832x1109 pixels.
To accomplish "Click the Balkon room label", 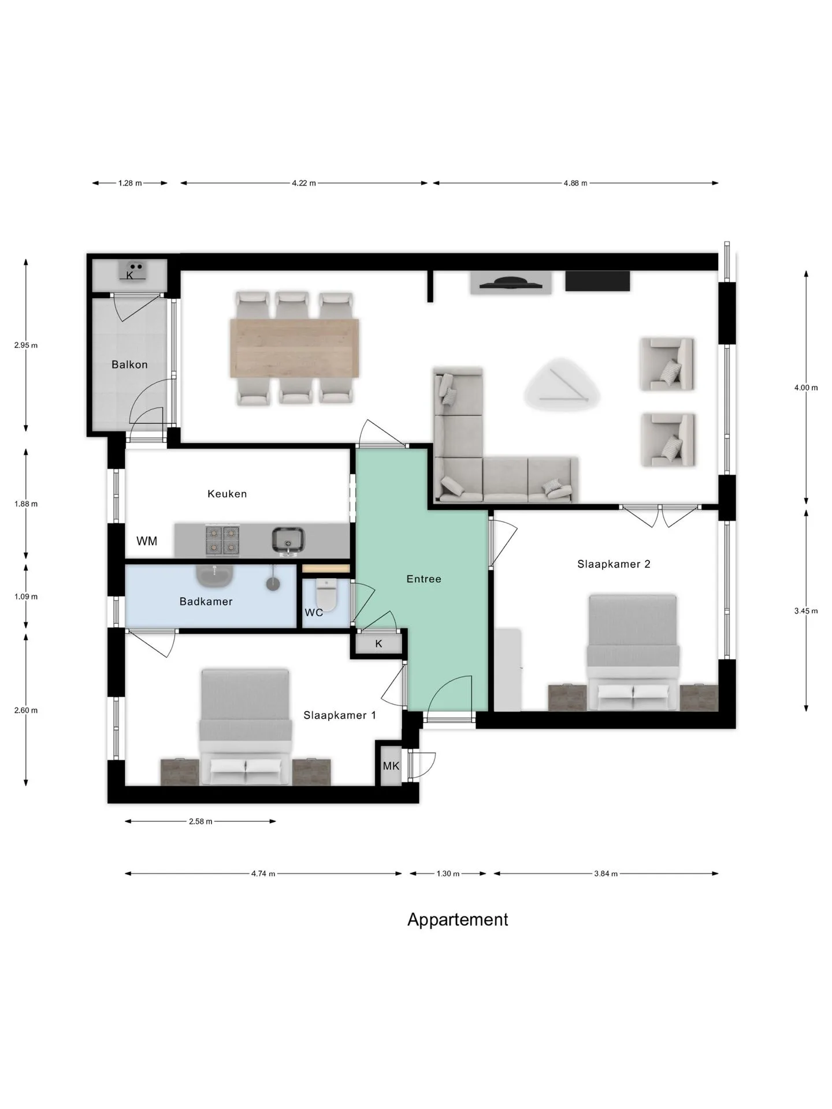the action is [129, 364].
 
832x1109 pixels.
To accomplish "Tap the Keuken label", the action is [227, 494].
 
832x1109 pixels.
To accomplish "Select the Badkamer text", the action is [206, 601].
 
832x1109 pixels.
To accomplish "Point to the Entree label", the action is [424, 579].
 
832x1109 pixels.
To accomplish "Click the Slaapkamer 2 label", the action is [614, 564].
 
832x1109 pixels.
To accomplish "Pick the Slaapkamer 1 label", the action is [340, 715].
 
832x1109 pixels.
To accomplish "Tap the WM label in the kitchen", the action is [147, 541].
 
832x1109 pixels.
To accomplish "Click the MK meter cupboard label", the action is [391, 766].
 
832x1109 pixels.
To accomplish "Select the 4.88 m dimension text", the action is [575, 183].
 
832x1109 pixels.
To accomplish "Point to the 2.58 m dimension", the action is [200, 821].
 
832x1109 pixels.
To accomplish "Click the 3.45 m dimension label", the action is [806, 611].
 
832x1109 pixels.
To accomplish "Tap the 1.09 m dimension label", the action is [26, 597].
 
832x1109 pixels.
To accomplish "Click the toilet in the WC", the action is [326, 595].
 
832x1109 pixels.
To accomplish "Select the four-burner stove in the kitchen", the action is [222, 540].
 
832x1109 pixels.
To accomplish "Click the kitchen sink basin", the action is [288, 541].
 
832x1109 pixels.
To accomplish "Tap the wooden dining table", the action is [295, 348].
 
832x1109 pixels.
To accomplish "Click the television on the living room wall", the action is [511, 282].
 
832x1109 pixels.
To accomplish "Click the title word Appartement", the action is [458, 920].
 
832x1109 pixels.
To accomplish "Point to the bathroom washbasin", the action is [215, 574].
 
